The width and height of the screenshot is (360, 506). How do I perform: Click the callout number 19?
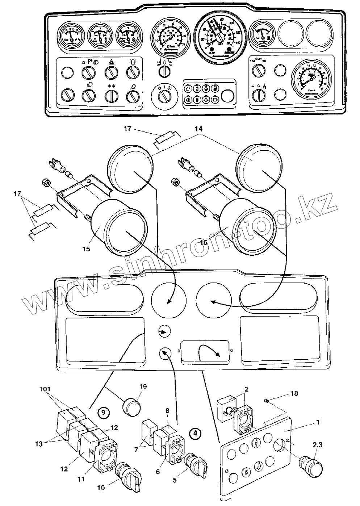click(143, 386)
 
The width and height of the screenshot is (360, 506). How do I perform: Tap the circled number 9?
click(103, 412)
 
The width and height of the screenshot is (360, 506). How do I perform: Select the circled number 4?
click(195, 432)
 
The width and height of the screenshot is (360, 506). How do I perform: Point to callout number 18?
click(294, 393)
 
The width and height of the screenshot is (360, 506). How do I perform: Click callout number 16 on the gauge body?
click(204, 242)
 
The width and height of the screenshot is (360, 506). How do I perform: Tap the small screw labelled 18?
click(267, 401)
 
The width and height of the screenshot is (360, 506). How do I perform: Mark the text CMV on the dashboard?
click(258, 58)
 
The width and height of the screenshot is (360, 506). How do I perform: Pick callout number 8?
click(167, 411)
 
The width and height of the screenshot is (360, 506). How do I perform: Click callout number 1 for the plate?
click(318, 422)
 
